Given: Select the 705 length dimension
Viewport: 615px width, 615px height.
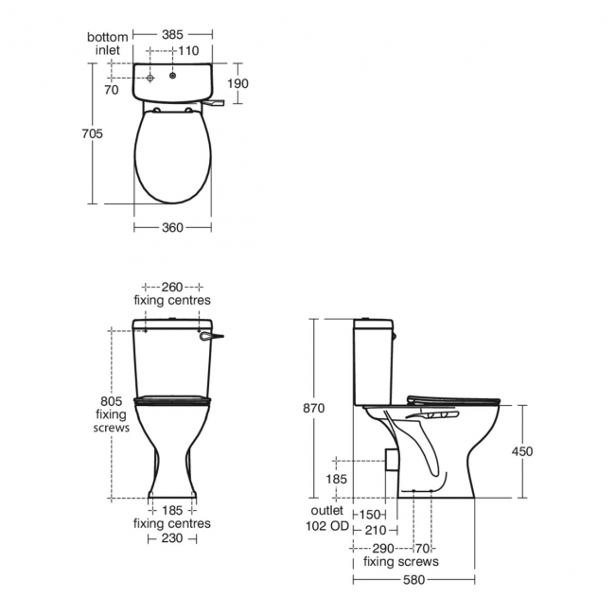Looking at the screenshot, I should tap(92, 133).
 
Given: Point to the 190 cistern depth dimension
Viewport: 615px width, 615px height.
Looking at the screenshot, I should tap(238, 83).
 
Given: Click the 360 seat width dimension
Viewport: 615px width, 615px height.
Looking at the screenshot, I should tap(171, 227).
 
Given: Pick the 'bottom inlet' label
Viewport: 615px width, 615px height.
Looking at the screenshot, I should tap(107, 44).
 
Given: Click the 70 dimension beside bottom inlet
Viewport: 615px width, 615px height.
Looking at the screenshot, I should tap(112, 91).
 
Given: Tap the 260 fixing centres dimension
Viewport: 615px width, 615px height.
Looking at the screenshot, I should tap(171, 287).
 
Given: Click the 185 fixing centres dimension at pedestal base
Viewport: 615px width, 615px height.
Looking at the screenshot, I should tap(172, 510).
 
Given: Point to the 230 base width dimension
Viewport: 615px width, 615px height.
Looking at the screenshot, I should tap(171, 537).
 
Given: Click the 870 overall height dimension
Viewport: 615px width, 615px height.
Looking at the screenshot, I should tap(314, 408).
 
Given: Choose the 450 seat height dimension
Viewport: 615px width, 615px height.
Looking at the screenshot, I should tap(522, 451).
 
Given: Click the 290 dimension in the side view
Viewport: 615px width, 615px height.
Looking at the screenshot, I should tap(382, 548).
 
